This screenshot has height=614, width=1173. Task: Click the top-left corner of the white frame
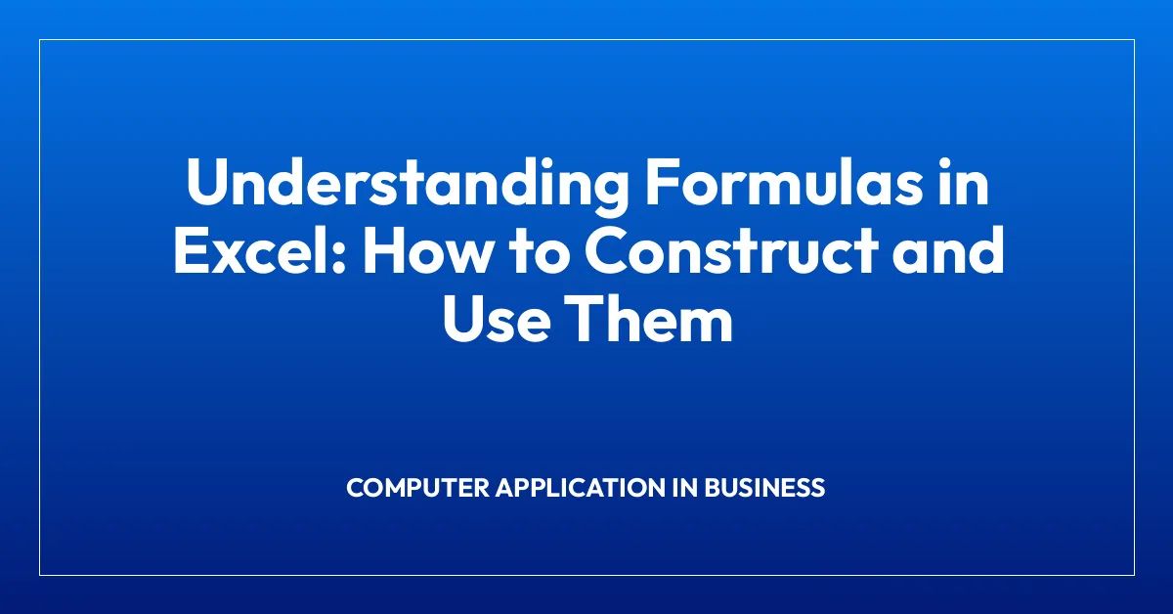[40, 40]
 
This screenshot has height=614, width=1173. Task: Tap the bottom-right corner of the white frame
[1134, 574]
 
